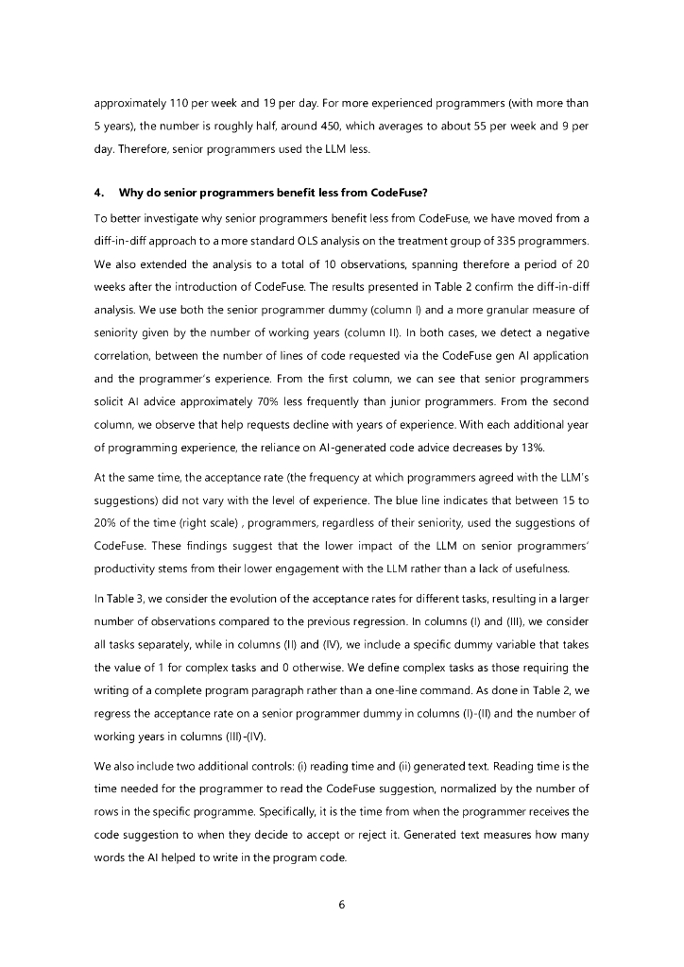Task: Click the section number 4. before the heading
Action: [99, 194]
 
